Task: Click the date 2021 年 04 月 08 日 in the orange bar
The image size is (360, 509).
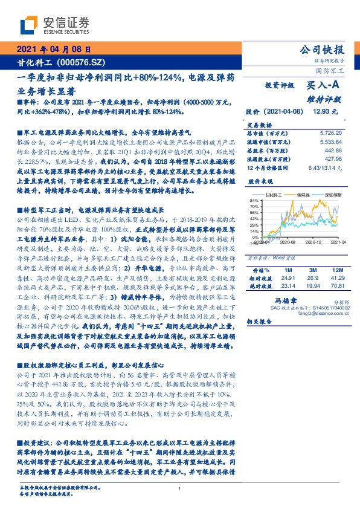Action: click(53, 51)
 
